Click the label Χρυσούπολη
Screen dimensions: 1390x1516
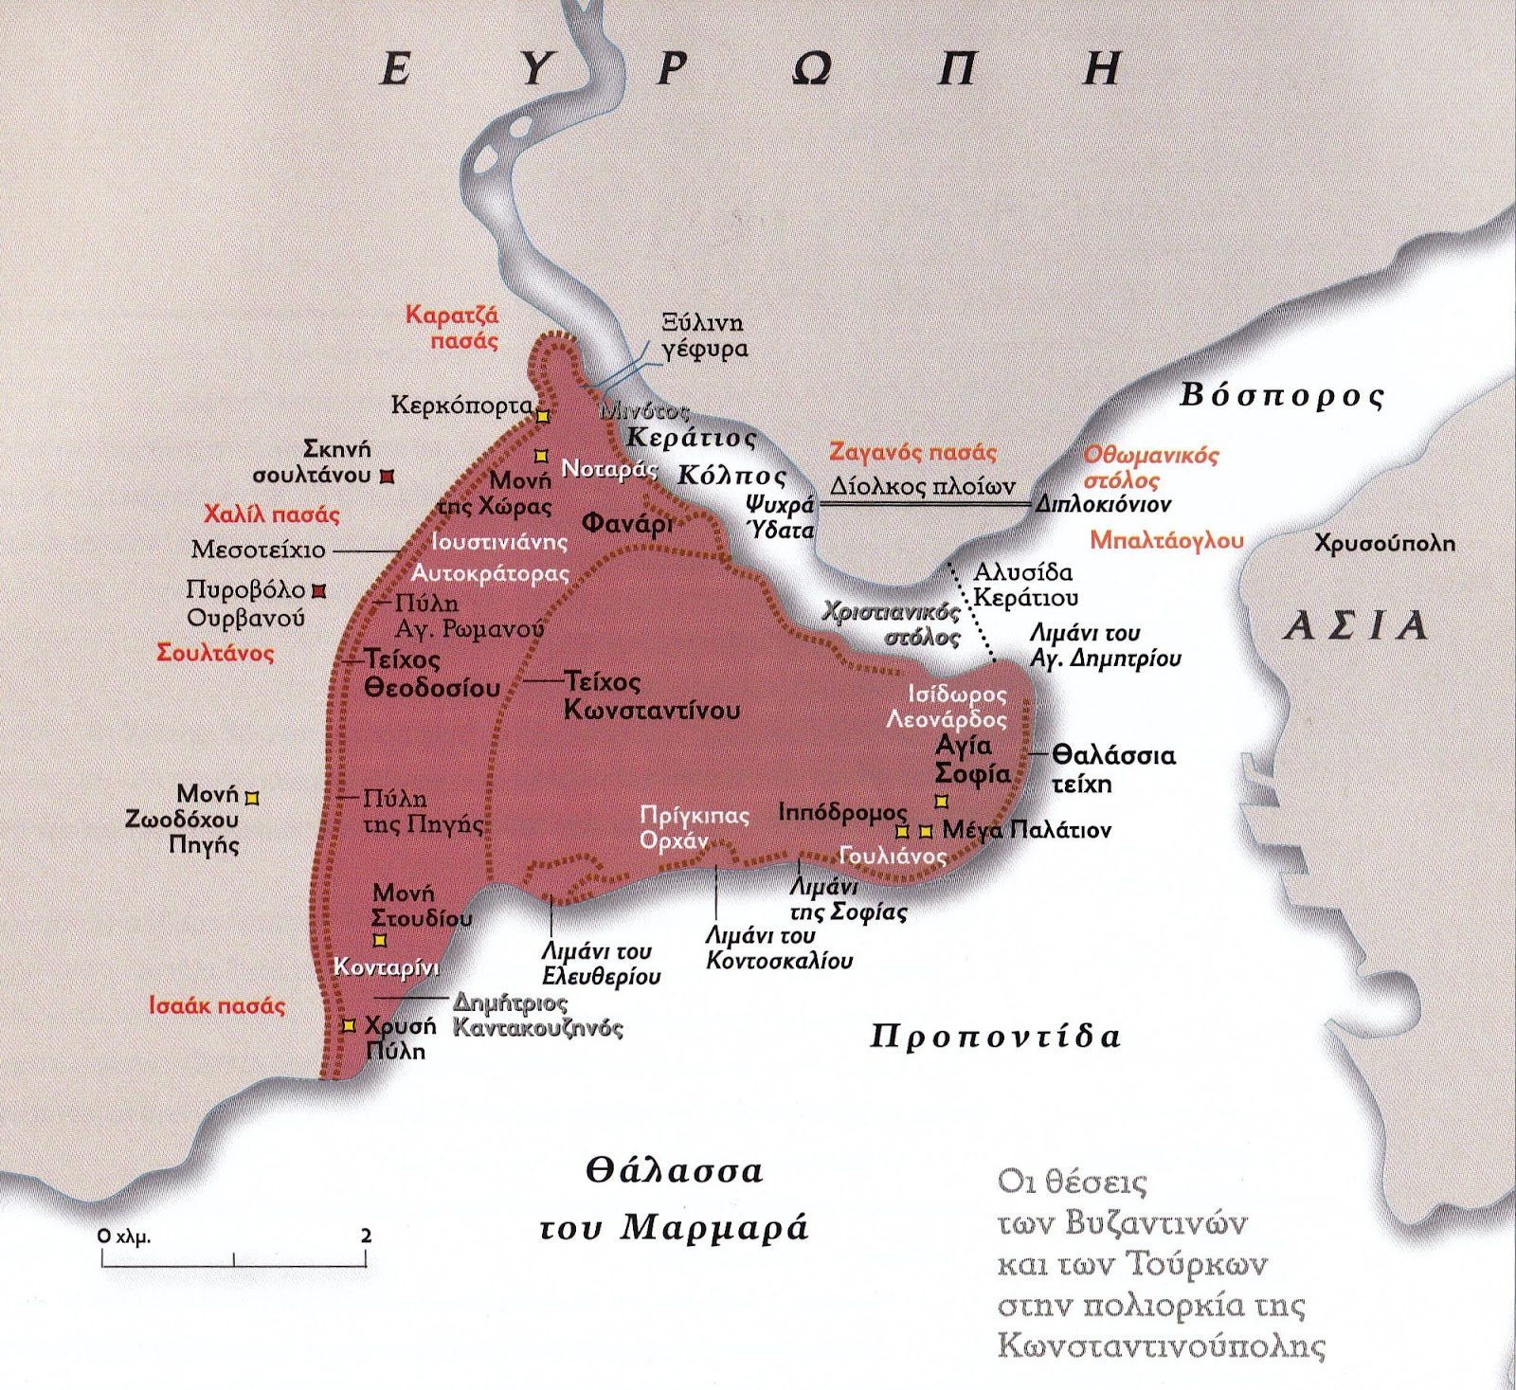1383,544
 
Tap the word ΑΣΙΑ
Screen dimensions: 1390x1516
1355,626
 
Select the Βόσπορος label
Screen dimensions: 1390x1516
1281,395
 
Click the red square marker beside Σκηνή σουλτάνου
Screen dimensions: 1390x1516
386,477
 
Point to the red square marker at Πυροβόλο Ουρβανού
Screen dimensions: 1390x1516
319,591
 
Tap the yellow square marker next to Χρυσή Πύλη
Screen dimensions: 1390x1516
349,1025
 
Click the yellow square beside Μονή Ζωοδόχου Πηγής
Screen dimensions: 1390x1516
252,798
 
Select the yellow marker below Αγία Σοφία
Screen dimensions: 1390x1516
941,802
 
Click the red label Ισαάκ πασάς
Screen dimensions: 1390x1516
216,1005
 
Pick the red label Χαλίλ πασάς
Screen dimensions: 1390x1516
271,514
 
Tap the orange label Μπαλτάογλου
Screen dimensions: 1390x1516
1165,540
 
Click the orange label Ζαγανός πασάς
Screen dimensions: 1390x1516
912,453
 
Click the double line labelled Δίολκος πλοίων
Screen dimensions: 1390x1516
924,506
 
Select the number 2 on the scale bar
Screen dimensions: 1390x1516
366,1236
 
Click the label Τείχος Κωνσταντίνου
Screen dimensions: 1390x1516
651,695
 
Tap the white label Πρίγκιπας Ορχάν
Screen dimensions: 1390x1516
694,827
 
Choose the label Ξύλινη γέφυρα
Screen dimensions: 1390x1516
703,335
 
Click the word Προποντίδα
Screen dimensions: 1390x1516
995,1036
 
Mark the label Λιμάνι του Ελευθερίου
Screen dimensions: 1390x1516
601,964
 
